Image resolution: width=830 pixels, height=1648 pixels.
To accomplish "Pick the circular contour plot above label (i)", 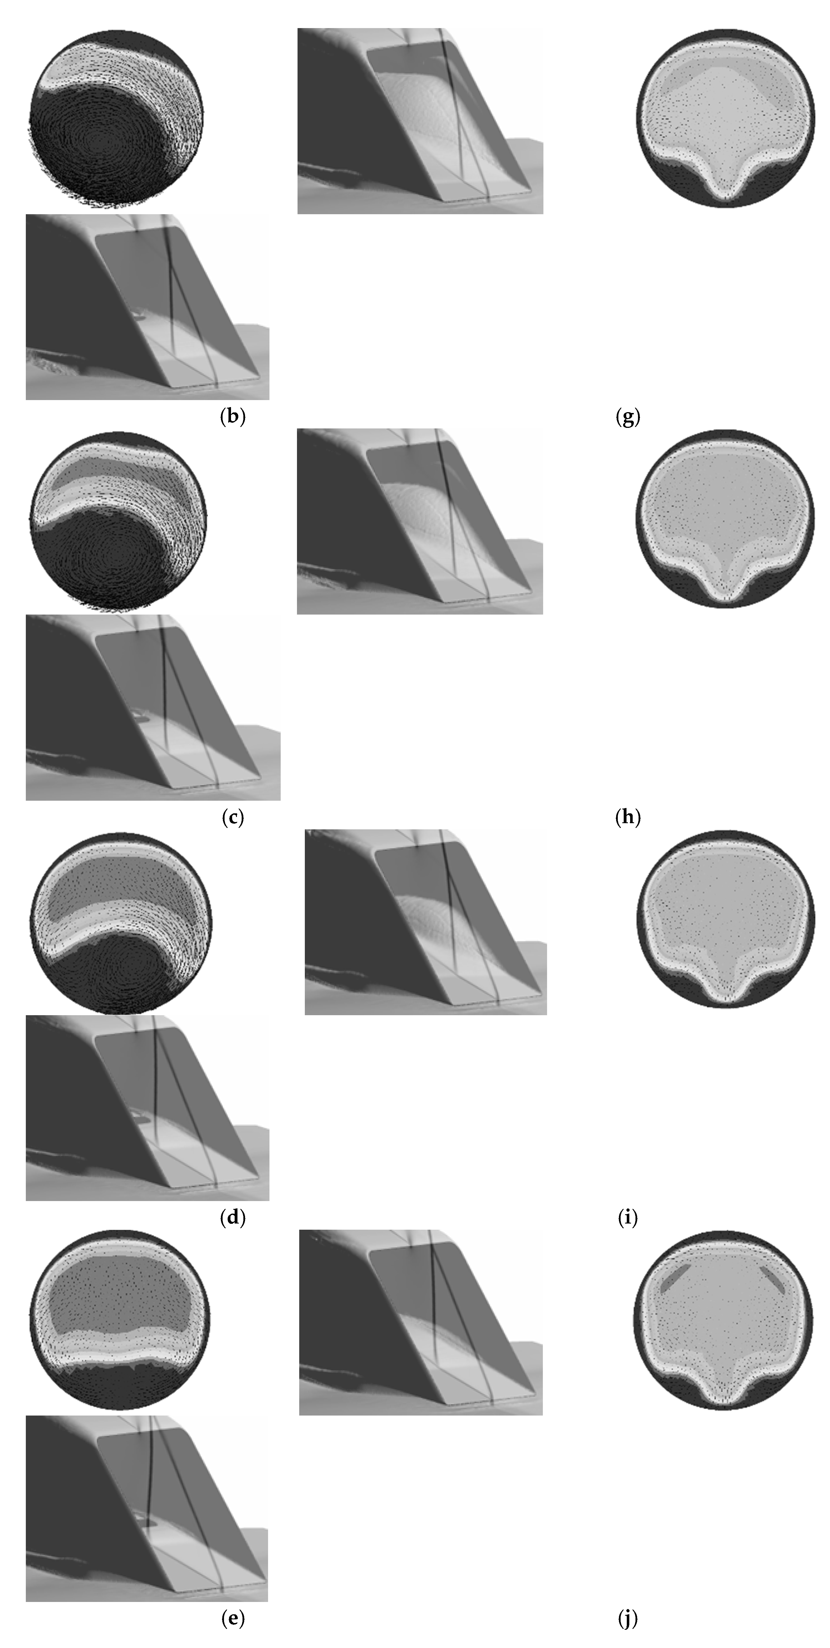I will coord(726,919).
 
